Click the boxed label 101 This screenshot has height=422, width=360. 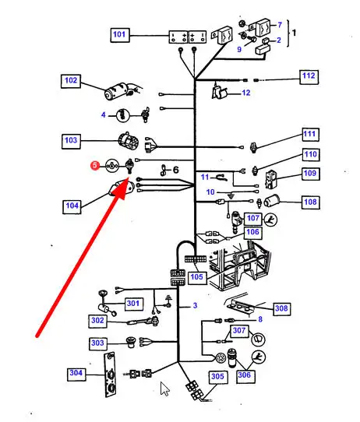click(120, 35)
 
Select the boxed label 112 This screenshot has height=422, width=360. click(309, 77)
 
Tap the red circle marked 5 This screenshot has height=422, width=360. click(95, 165)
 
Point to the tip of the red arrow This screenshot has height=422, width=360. click(128, 180)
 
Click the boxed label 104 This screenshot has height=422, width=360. click(72, 206)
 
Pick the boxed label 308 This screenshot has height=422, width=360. click(281, 308)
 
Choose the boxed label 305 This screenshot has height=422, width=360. click(217, 377)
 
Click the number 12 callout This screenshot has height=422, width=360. click(246, 93)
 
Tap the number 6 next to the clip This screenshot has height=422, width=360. click(175, 170)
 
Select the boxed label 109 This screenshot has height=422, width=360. click(310, 174)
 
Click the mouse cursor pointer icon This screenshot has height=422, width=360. click(164, 389)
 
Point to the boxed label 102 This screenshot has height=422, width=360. click(71, 81)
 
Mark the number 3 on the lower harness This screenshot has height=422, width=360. click(195, 306)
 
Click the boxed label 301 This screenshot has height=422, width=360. click(133, 304)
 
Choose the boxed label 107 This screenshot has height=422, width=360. click(252, 219)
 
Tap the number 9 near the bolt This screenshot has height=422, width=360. click(239, 50)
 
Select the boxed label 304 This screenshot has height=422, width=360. click(76, 374)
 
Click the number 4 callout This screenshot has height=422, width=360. click(103, 115)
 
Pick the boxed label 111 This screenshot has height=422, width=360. click(309, 135)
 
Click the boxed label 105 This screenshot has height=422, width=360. click(197, 277)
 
